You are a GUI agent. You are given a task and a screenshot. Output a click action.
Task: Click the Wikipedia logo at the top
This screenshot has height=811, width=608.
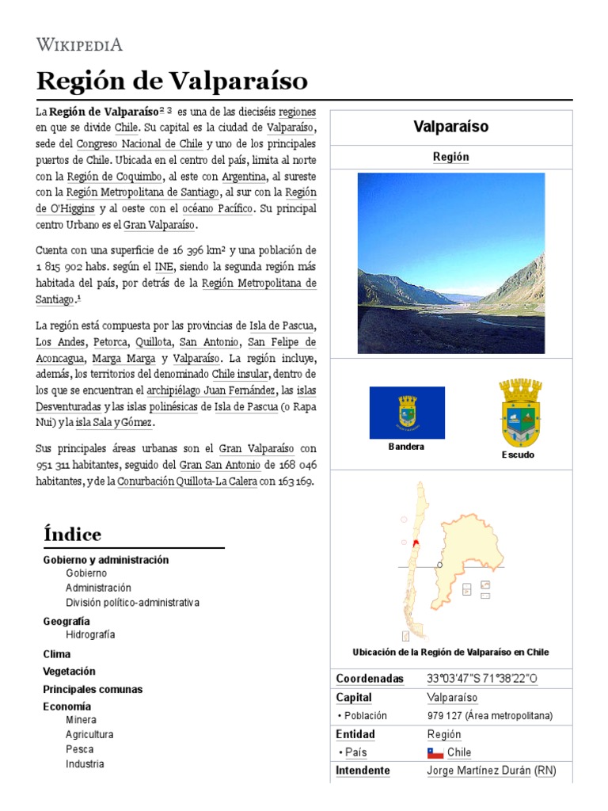pyautogui.click(x=79, y=44)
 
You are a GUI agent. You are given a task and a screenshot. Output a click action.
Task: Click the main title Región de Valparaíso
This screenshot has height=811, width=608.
pyautogui.click(x=172, y=81)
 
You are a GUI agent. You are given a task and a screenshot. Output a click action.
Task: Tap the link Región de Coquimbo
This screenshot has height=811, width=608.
pyautogui.click(x=115, y=176)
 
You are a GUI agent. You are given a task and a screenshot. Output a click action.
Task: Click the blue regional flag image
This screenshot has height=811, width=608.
pyautogui.click(x=407, y=413)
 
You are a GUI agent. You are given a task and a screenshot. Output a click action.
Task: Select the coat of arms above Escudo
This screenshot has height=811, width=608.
pyautogui.click(x=519, y=413)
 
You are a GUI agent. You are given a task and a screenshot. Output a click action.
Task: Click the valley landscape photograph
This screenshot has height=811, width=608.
pyautogui.click(x=450, y=263)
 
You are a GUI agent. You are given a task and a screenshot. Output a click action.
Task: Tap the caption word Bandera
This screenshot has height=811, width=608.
pyautogui.click(x=406, y=447)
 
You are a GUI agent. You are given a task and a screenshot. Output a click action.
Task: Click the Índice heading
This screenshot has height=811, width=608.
pyautogui.click(x=73, y=535)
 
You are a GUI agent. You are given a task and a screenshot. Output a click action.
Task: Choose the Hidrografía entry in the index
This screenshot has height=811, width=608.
pyautogui.click(x=90, y=634)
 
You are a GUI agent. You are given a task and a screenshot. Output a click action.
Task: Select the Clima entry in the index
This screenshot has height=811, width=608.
pyautogui.click(x=57, y=654)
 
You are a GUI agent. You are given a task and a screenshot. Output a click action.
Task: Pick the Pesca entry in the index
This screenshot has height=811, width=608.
pyautogui.click(x=79, y=749)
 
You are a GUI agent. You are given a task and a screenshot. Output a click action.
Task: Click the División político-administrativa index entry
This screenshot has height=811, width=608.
pyautogui.click(x=132, y=603)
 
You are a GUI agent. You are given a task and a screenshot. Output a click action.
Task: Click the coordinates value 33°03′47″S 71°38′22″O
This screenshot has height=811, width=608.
pyautogui.click(x=481, y=679)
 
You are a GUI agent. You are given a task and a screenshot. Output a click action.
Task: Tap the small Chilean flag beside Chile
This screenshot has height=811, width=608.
pyautogui.click(x=435, y=752)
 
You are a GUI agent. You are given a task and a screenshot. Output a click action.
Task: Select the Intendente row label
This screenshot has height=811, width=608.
pyautogui.click(x=363, y=770)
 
